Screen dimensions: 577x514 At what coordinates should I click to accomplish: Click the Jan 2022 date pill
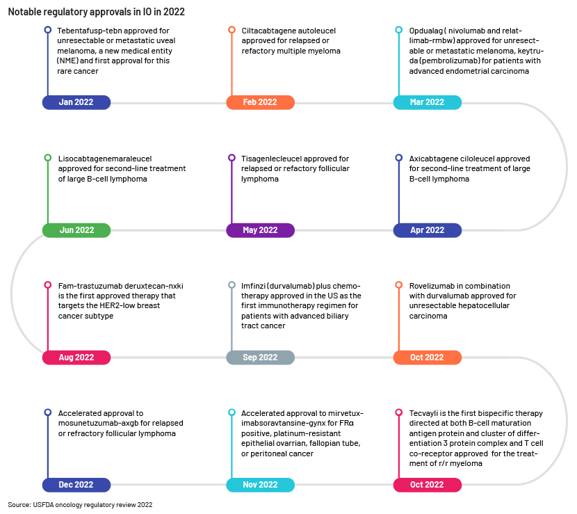point(76,102)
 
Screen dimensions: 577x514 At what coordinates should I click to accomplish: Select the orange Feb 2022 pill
point(260,102)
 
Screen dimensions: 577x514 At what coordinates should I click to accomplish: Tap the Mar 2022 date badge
point(428,102)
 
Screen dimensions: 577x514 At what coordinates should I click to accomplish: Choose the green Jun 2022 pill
point(76,230)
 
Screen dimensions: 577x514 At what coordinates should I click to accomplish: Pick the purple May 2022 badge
point(260,230)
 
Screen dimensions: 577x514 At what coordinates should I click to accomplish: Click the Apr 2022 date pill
point(428,230)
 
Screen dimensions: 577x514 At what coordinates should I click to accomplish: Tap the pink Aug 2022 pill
point(76,358)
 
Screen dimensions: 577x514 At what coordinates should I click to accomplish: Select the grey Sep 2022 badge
point(260,358)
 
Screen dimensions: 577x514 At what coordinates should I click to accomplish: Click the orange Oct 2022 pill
point(428,358)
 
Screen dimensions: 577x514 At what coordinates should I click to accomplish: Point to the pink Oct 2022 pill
point(428,485)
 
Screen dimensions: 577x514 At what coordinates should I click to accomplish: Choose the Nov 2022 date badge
point(260,485)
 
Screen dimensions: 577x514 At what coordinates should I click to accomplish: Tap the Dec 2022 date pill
point(76,485)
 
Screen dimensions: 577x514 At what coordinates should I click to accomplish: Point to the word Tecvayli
point(423,413)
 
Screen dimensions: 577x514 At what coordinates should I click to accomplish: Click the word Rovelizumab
point(428,286)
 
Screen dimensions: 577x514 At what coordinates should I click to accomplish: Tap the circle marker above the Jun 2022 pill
point(48,158)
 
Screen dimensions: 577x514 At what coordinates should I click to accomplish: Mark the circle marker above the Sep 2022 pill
point(231,285)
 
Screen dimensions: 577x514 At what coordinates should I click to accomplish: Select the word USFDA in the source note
point(43,505)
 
